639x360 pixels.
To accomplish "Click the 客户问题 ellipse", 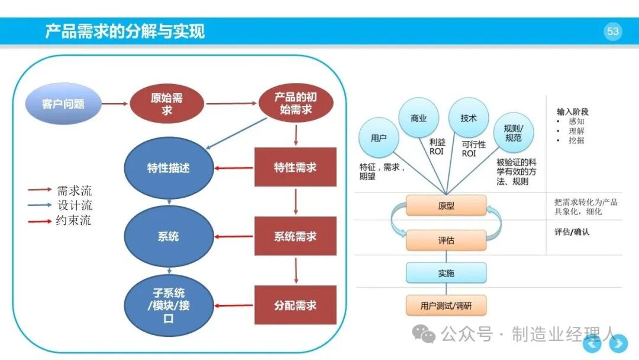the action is pyautogui.click(x=63, y=104).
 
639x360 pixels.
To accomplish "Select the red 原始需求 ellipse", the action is pyautogui.click(x=167, y=104).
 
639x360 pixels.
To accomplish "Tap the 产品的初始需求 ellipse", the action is pyautogui.click(x=296, y=103).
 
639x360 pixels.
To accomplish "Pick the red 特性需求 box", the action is pyautogui.click(x=295, y=167).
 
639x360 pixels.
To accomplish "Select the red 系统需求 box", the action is pyautogui.click(x=295, y=236).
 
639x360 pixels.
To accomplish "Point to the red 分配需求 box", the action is pyautogui.click(x=295, y=305).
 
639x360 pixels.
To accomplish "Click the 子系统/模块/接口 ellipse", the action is pyautogui.click(x=169, y=306).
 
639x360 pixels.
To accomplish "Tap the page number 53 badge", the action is pyautogui.click(x=612, y=31).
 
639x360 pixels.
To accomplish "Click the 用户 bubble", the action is pyautogui.click(x=379, y=138).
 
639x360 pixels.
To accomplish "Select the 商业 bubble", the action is pyautogui.click(x=418, y=118).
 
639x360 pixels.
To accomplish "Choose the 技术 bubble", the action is pyautogui.click(x=469, y=118).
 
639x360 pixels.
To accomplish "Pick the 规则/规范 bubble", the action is pyautogui.click(x=514, y=133).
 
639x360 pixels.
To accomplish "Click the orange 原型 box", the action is pyautogui.click(x=446, y=205).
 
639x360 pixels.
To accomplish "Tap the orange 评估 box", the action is pyautogui.click(x=446, y=240).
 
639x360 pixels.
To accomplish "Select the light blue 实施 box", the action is pyautogui.click(x=446, y=273).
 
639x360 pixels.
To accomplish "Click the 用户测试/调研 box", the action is pyautogui.click(x=446, y=306).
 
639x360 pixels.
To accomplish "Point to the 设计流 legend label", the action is pyautogui.click(x=75, y=205).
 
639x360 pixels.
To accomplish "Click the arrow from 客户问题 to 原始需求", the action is pyautogui.click(x=115, y=104).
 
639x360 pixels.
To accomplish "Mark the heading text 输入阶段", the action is pyautogui.click(x=573, y=111).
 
